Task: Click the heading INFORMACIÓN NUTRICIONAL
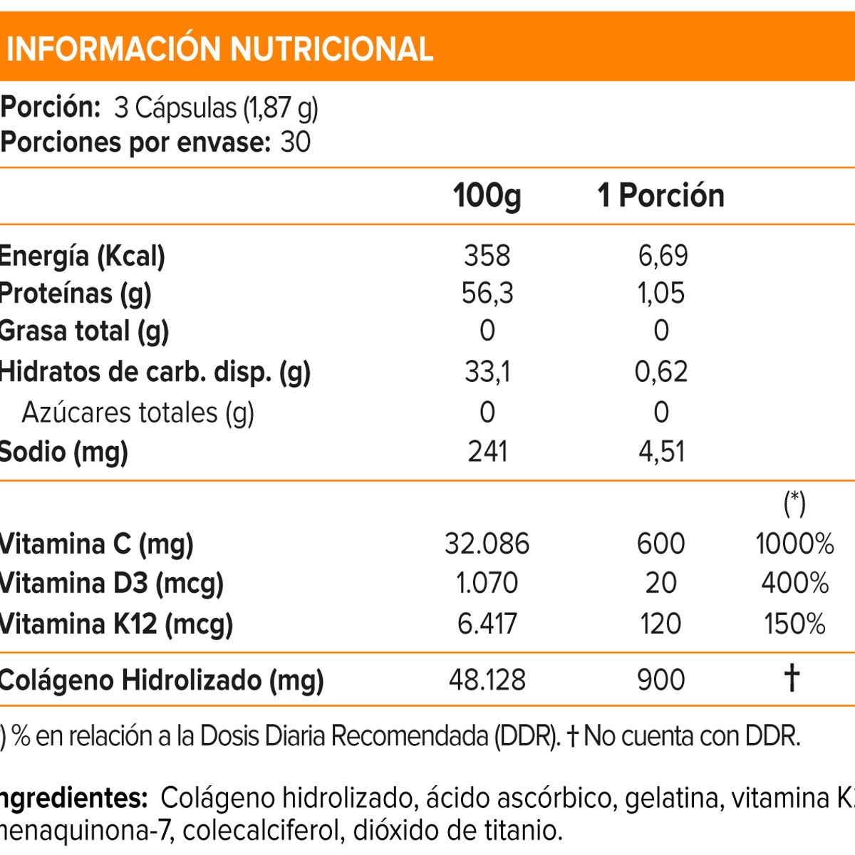point(219,48)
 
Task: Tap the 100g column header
point(487,195)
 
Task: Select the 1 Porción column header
point(660,195)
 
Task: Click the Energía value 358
point(487,255)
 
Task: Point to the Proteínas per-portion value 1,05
point(660,293)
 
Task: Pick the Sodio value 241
point(487,451)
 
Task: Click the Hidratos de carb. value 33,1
point(487,371)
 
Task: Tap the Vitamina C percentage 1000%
point(794,544)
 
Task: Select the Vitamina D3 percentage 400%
point(794,583)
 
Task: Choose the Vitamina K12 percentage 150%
point(794,623)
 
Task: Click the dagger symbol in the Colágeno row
point(792,678)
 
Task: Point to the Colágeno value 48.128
point(487,680)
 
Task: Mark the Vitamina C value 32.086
point(487,544)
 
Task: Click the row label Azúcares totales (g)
point(138,413)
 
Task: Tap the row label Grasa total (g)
point(83,331)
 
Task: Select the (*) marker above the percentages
point(794,504)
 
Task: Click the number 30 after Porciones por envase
point(296,142)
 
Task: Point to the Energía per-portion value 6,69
point(663,255)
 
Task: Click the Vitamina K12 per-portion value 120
point(660,623)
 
